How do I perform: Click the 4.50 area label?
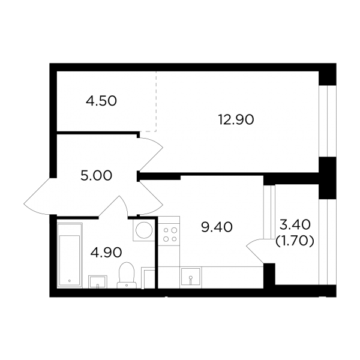tap(101, 101)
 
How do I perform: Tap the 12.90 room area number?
tap(236, 119)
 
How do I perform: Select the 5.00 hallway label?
tap(97, 176)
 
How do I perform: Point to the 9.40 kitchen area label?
tap(217, 227)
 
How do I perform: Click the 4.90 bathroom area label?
tap(106, 253)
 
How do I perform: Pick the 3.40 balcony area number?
tap(295, 224)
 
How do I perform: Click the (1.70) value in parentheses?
tap(295, 242)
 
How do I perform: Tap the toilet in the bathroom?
tap(126, 275)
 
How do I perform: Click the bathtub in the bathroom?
tap(70, 256)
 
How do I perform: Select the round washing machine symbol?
tap(144, 230)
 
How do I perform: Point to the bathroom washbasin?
tap(98, 282)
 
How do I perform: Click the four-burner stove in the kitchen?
tap(169, 234)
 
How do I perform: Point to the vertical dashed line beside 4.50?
tap(157, 101)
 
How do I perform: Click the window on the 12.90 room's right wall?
tap(328, 121)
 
